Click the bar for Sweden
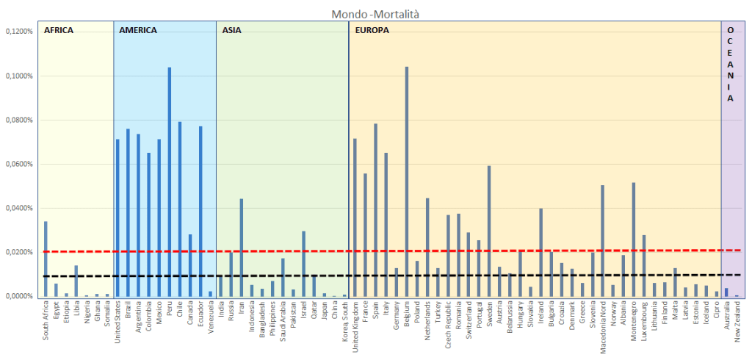coord(489,231)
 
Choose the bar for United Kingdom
coord(355,217)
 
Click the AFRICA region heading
coord(59,31)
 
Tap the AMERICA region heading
coord(137,31)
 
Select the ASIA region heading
coord(231,31)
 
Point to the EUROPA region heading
coord(372,31)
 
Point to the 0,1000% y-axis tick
coord(19,76)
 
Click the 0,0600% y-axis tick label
coord(19,164)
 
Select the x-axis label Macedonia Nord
coord(603,327)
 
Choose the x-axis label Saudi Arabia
coord(283,323)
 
